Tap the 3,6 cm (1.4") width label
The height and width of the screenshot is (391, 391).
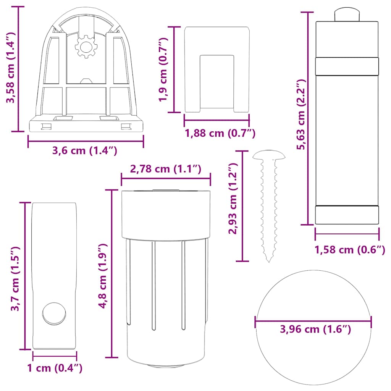[x=85, y=150]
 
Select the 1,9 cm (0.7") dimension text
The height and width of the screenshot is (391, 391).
[x=164, y=69]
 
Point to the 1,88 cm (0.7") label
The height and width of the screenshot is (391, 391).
[x=220, y=133]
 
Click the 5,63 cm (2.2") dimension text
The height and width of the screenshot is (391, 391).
[x=302, y=115]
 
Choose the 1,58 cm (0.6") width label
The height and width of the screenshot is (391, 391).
[x=349, y=250]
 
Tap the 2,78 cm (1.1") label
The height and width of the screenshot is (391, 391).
[x=166, y=169]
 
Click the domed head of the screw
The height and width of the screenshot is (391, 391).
[x=269, y=155]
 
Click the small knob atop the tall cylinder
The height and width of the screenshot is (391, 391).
[x=347, y=15]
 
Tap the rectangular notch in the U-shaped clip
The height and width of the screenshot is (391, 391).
[x=217, y=80]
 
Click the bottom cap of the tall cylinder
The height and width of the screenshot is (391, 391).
[x=347, y=215]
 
